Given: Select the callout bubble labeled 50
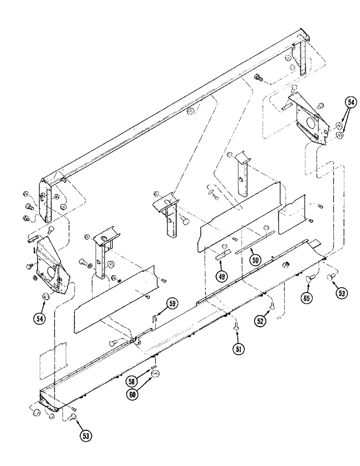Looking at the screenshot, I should [255, 260].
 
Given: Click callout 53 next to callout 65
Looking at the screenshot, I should [342, 293].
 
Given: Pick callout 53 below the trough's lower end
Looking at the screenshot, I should [86, 436].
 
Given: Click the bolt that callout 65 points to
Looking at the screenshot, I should [308, 279].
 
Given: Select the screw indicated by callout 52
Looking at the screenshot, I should [271, 305].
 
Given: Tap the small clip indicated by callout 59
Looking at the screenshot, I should [154, 318].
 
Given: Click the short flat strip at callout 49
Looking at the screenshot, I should [221, 254].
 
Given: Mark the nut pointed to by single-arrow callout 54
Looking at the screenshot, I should [46, 296].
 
